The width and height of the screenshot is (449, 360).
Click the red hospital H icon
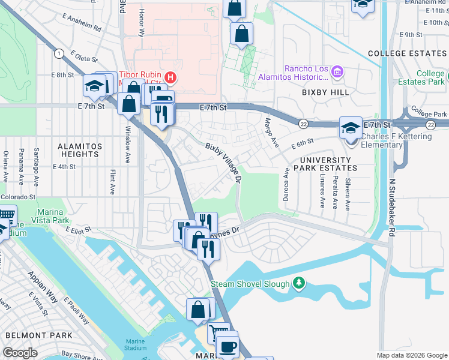170,77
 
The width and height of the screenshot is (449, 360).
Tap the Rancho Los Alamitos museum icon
337,73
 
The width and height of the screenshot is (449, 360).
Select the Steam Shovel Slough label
250,283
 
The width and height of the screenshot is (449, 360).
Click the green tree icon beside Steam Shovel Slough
299,283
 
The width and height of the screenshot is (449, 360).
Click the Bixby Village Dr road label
224,164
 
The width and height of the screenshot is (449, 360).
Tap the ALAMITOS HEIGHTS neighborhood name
79,150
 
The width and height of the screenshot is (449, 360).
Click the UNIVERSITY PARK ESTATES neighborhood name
325,164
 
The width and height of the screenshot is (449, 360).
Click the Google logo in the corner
19,352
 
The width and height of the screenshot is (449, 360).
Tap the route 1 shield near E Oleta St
59,54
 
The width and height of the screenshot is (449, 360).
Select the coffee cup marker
228,346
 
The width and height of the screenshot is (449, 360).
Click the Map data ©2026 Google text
411,355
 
